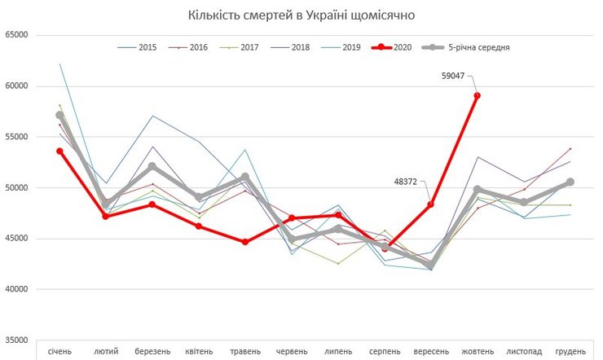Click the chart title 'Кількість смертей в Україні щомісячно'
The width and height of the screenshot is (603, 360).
[x=301, y=15]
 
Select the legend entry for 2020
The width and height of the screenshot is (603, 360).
[x=394, y=47]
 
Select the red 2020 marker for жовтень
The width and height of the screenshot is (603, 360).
[x=477, y=95]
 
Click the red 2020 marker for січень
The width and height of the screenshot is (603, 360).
[x=59, y=151]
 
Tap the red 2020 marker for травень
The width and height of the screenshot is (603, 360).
[x=244, y=242]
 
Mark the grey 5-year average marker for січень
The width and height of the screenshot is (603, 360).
[x=59, y=116]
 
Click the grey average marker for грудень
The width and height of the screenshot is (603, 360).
[x=570, y=182]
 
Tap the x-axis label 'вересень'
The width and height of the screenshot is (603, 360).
[x=430, y=351]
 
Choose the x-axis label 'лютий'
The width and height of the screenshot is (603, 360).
[x=106, y=351]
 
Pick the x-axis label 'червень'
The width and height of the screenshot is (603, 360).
[x=292, y=351]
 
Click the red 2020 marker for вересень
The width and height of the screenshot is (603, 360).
[x=430, y=204]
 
